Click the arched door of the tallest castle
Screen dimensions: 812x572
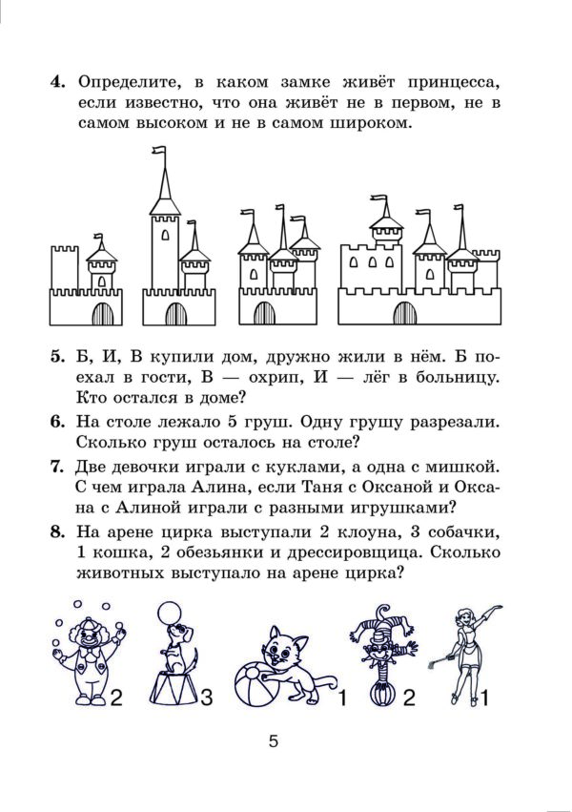coord(176,314)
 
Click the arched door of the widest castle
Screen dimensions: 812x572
coord(405,313)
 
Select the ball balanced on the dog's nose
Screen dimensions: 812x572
coord(171,613)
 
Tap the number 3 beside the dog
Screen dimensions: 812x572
coord(207,697)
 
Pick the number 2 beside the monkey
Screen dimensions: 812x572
coord(409,697)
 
